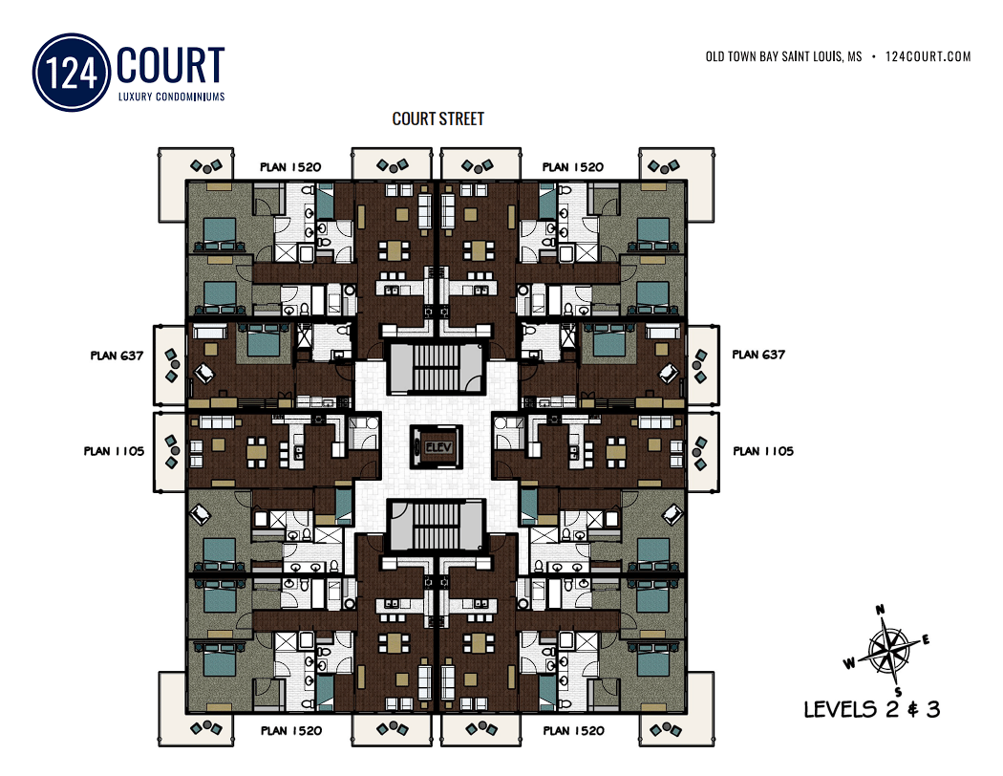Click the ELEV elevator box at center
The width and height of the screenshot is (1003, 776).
pyautogui.click(x=437, y=446)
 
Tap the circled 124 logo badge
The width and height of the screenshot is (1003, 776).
pyautogui.click(x=72, y=73)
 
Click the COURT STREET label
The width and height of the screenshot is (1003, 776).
pyautogui.click(x=438, y=119)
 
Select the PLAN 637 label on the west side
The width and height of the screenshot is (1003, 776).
pyautogui.click(x=117, y=356)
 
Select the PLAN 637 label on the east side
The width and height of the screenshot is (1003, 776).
pyautogui.click(x=758, y=355)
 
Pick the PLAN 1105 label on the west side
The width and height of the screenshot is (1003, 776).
pyautogui.click(x=114, y=451)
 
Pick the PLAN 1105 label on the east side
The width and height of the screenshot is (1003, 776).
pyautogui.click(x=763, y=451)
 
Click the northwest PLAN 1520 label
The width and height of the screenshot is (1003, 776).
pyautogui.click(x=290, y=167)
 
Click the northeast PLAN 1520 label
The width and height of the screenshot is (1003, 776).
pyautogui.click(x=573, y=167)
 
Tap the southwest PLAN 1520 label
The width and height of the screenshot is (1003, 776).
pyautogui.click(x=291, y=730)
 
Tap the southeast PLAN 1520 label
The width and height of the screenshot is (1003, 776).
pyautogui.click(x=574, y=730)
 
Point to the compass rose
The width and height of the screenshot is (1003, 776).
pyautogui.click(x=887, y=651)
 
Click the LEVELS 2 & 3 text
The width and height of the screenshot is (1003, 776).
pyautogui.click(x=872, y=709)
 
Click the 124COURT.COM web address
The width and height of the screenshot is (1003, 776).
pyautogui.click(x=928, y=56)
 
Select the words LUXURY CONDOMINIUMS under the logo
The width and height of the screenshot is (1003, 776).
pyautogui.click(x=171, y=97)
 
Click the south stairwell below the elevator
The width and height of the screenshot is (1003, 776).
pyautogui.click(x=436, y=526)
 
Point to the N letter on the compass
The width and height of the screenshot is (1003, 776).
pyautogui.click(x=880, y=609)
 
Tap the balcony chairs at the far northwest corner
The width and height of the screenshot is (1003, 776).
pyautogui.click(x=206, y=166)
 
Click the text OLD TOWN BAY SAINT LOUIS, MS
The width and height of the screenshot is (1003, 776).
pyautogui.click(x=783, y=56)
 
